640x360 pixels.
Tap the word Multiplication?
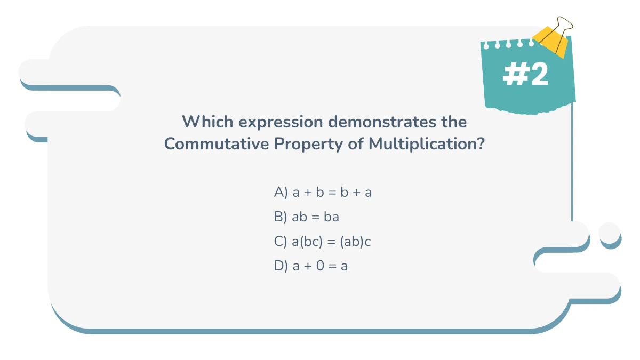click(x=427, y=144)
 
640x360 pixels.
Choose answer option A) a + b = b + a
click(x=323, y=192)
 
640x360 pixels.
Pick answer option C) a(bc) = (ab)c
click(x=322, y=242)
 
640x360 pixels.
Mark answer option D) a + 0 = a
click(x=310, y=266)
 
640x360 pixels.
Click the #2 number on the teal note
click(x=525, y=76)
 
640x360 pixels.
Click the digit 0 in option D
click(x=320, y=266)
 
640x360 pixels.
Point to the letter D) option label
click(x=281, y=266)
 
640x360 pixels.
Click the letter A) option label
click(x=281, y=192)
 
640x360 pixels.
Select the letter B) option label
click(x=281, y=217)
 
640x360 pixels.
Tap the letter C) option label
click(x=281, y=242)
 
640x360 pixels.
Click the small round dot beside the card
click(x=610, y=233)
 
